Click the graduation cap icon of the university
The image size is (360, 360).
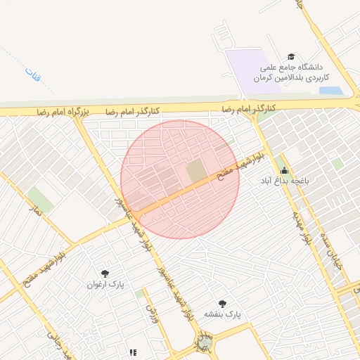[x=291, y=57]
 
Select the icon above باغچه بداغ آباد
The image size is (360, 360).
[x=284, y=170]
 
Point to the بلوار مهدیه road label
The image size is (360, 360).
[x=300, y=224]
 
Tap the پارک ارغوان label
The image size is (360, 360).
[x=105, y=285]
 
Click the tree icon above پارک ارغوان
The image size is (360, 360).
[x=105, y=273]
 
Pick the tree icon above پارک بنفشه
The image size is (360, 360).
[x=222, y=303]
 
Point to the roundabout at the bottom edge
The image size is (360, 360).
[x=203, y=345]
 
